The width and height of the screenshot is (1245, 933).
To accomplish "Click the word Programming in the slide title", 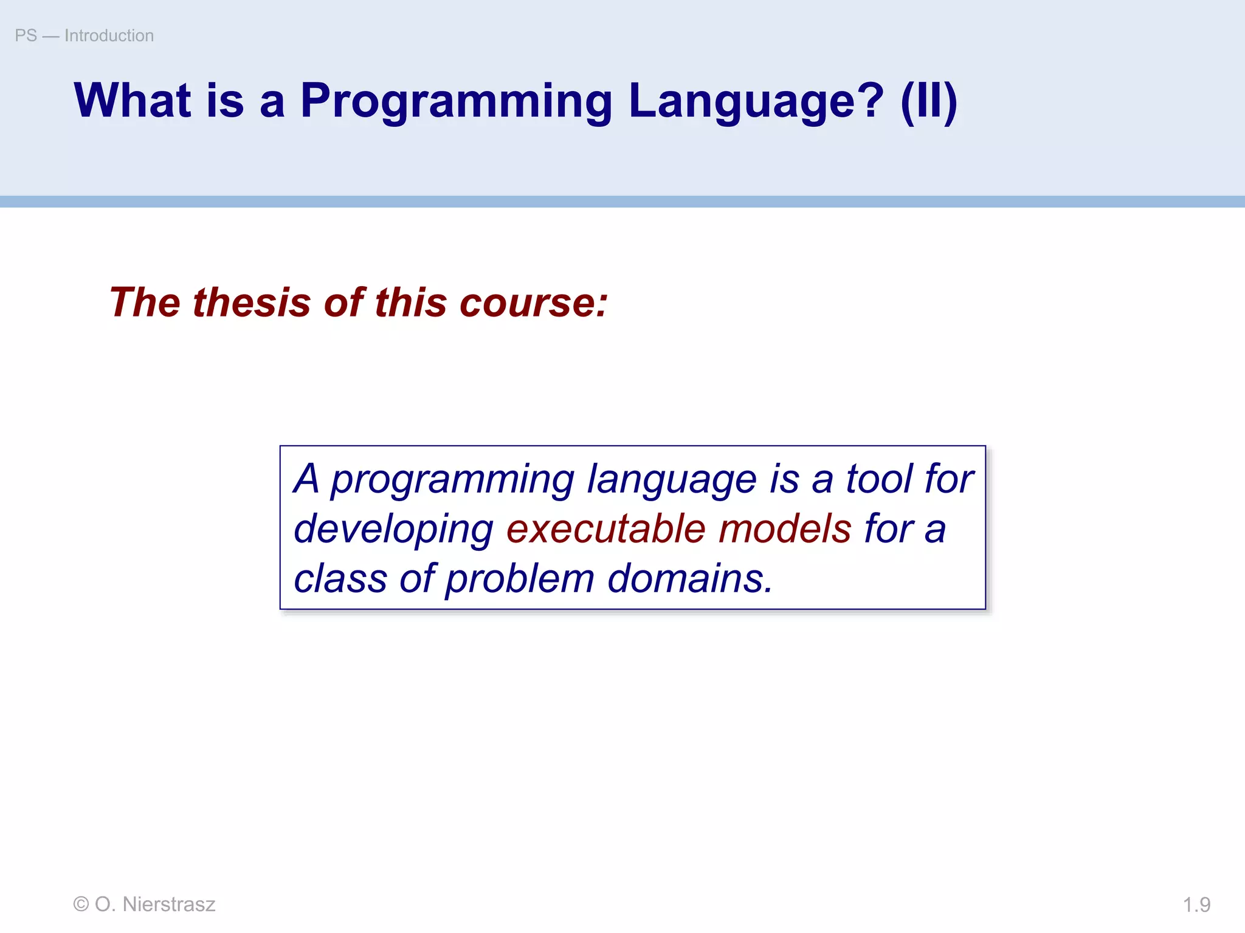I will point(456,101).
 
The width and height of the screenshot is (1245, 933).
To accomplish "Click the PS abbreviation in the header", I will point(26,36).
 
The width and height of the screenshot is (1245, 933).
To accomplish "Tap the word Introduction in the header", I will point(109,36).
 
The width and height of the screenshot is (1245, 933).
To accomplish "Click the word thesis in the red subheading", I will point(252,302).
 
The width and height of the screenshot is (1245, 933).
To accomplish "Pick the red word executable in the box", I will point(605,528).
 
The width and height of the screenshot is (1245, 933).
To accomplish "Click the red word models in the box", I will point(785,528).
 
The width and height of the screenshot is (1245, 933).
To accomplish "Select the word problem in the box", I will point(520,579).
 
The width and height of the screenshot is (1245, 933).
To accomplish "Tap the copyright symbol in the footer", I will point(81,904).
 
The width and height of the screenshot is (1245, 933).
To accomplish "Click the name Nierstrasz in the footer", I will point(169,904).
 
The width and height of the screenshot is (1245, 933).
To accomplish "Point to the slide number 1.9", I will point(1196,904).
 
